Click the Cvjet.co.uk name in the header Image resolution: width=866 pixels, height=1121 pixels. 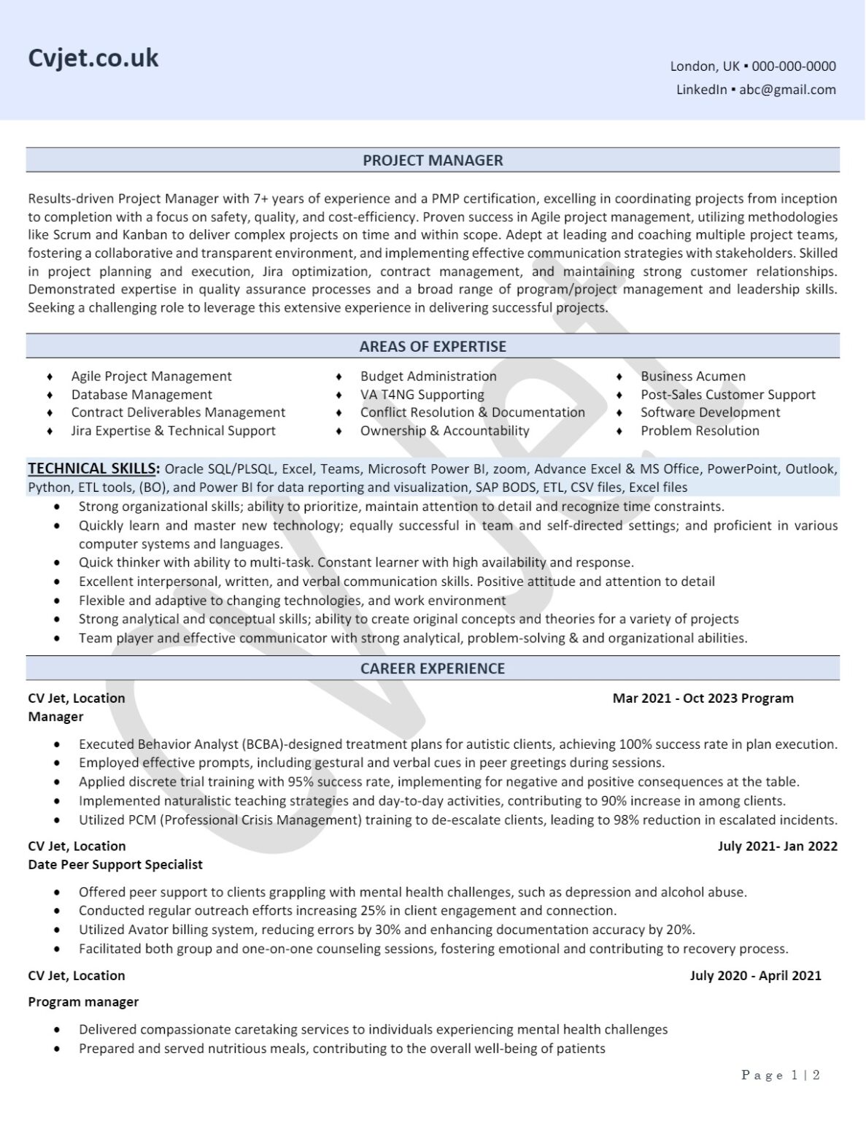tap(93, 58)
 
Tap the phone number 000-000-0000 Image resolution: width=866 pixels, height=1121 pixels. tap(794, 66)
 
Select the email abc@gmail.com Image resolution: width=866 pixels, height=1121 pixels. tap(787, 89)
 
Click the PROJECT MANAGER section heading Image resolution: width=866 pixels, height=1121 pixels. tap(433, 160)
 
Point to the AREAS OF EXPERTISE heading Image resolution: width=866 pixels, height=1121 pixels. tap(433, 346)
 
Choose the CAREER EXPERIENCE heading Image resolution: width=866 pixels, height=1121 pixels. tap(433, 668)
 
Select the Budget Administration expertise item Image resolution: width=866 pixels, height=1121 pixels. tap(428, 376)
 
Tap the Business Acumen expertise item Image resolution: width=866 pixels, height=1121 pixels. tap(693, 376)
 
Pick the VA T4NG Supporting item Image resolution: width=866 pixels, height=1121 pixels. tap(422, 394)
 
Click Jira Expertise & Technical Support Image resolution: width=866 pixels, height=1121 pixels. tap(173, 431)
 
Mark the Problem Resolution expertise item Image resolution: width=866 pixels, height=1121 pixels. tap(700, 431)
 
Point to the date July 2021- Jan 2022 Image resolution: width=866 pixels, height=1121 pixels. tap(777, 846)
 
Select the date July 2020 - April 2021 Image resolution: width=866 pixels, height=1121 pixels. tap(755, 975)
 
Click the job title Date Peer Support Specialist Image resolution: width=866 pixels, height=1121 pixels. tap(115, 864)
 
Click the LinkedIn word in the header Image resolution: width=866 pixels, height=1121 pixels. tap(701, 89)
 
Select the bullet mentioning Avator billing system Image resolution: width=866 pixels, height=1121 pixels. tap(387, 929)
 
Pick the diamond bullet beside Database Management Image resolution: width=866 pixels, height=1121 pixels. tap(50, 395)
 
